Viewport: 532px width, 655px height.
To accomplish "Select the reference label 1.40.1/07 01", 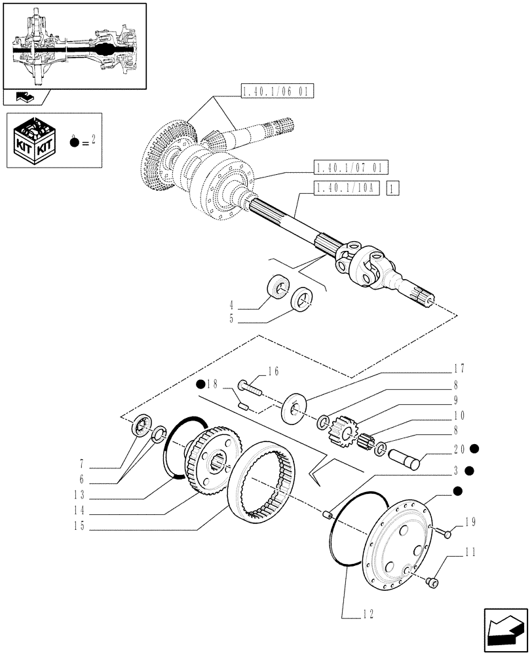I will [351, 166].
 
